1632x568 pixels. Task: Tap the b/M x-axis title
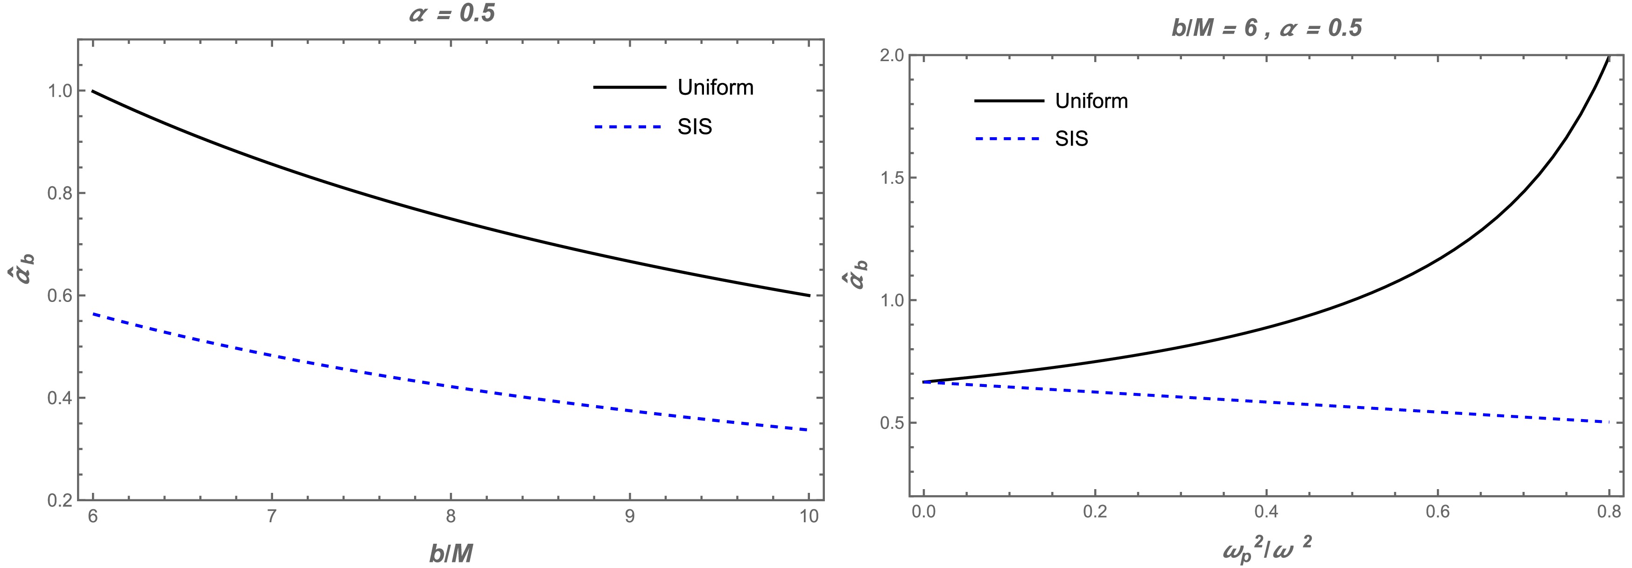click(451, 554)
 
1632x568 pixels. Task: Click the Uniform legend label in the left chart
click(715, 87)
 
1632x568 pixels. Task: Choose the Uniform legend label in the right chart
click(1091, 101)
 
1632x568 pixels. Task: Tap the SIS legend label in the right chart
click(1071, 139)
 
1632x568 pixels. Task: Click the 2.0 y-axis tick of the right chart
click(892, 55)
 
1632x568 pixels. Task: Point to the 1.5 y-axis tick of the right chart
click(892, 177)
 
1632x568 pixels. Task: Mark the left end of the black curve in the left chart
click(93, 91)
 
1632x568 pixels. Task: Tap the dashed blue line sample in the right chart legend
click(1008, 139)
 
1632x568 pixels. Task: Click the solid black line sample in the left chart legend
click(629, 87)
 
